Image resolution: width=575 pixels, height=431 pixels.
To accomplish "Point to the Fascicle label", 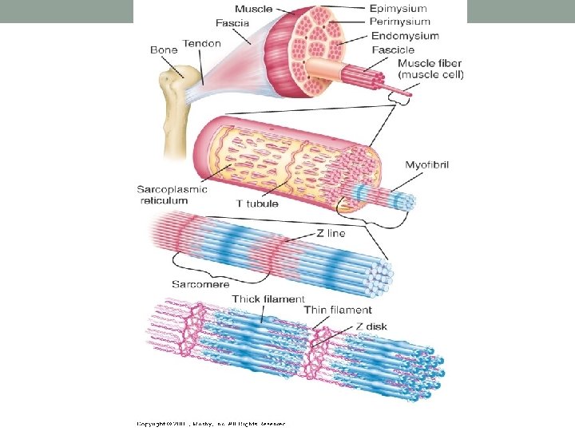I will pyautogui.click(x=393, y=49).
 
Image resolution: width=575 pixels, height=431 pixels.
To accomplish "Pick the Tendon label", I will pyautogui.click(x=201, y=43).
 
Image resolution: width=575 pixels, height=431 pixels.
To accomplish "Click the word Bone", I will pyautogui.click(x=165, y=49).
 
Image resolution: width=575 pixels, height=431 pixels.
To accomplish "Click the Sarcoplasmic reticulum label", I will pyautogui.click(x=172, y=195).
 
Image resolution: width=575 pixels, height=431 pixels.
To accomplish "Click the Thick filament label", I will pyautogui.click(x=268, y=299).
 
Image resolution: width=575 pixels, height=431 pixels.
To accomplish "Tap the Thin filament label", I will pyautogui.click(x=338, y=310).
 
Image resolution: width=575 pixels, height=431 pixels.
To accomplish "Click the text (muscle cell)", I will pyautogui.click(x=430, y=74).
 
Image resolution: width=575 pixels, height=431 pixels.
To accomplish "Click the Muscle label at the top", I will pyautogui.click(x=253, y=9).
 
